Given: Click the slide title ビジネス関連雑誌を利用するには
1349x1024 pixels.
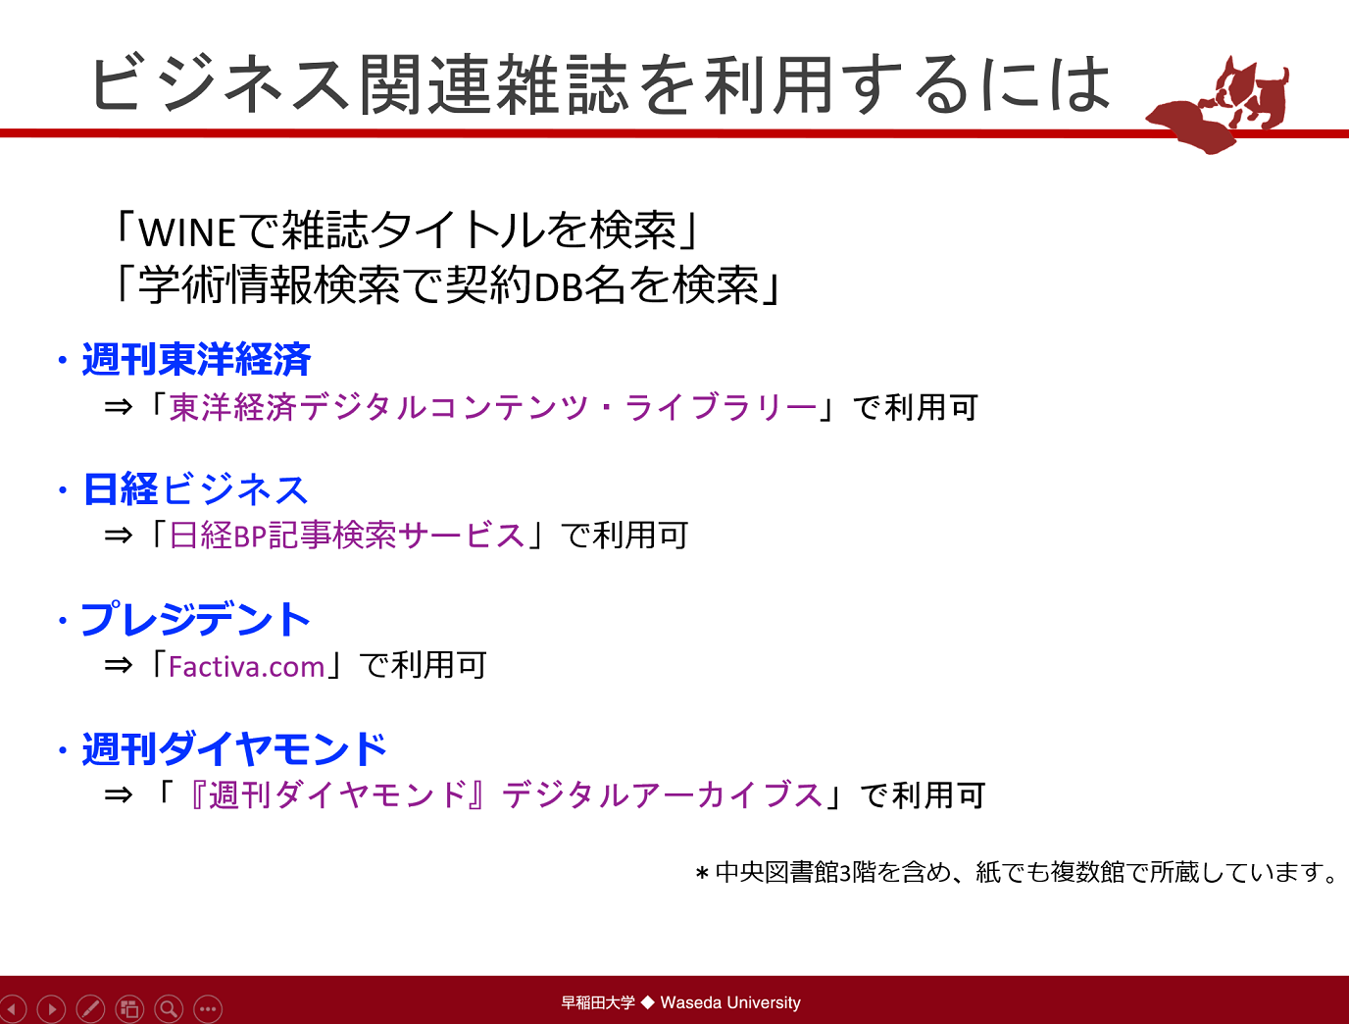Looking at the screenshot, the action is point(600,84).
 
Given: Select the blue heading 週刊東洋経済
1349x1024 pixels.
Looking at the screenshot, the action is point(197,359).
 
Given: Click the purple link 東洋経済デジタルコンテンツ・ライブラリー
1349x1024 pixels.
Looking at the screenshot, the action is point(493,407).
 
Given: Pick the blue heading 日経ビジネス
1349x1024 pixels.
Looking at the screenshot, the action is point(195,489).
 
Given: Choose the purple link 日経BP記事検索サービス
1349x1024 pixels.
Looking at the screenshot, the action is point(347,535).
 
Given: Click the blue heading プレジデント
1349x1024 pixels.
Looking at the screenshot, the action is point(195,619).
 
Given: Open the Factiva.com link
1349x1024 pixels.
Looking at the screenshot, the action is point(246,666).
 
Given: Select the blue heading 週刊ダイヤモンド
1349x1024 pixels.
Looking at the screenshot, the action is point(234,748).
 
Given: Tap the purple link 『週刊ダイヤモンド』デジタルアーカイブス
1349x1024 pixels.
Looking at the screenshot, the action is point(504,794).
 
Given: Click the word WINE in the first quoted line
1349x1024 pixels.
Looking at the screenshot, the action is point(187,232).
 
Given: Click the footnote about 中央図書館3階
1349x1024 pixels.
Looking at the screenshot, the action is point(1017,872).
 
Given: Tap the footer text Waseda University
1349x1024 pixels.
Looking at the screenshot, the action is point(730,1002).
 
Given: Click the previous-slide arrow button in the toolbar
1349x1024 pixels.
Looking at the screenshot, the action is point(13,1008).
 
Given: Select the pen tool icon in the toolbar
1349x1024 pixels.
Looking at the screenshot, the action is point(90,1008).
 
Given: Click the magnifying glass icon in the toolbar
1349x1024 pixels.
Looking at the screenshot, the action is point(169,1008).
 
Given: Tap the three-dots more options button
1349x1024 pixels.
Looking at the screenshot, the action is point(208,1008).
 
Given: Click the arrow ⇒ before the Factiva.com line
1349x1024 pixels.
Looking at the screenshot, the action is point(118,665).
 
